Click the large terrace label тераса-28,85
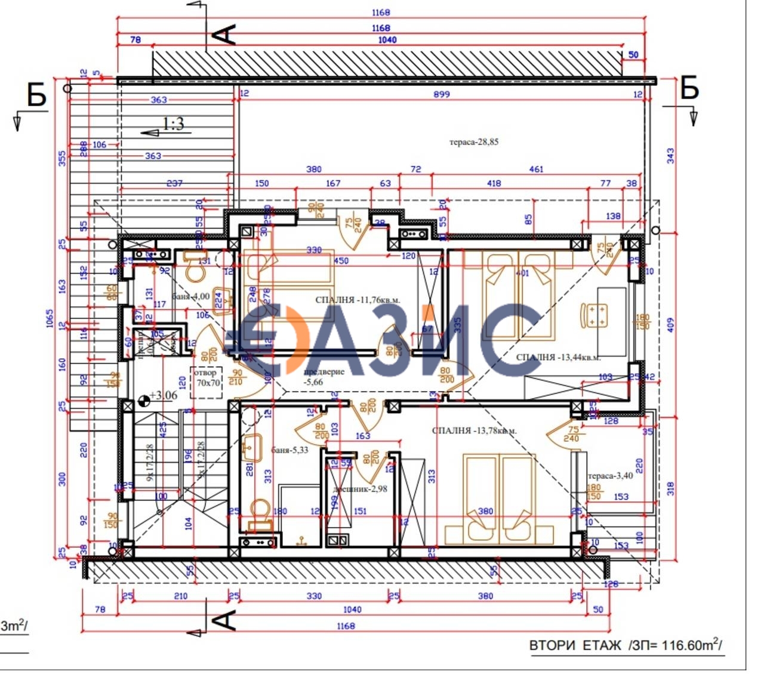tap(473, 142)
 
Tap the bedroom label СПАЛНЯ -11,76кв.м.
tap(358, 300)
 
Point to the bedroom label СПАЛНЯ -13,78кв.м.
tap(474, 430)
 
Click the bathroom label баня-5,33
tap(289, 450)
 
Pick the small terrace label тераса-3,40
tap(610, 476)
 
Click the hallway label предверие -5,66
tap(324, 377)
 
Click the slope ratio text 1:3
tap(173, 124)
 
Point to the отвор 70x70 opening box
tap(207, 378)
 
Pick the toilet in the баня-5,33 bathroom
tap(260, 513)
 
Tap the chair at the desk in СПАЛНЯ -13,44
tap(595, 315)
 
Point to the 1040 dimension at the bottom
tap(352, 610)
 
